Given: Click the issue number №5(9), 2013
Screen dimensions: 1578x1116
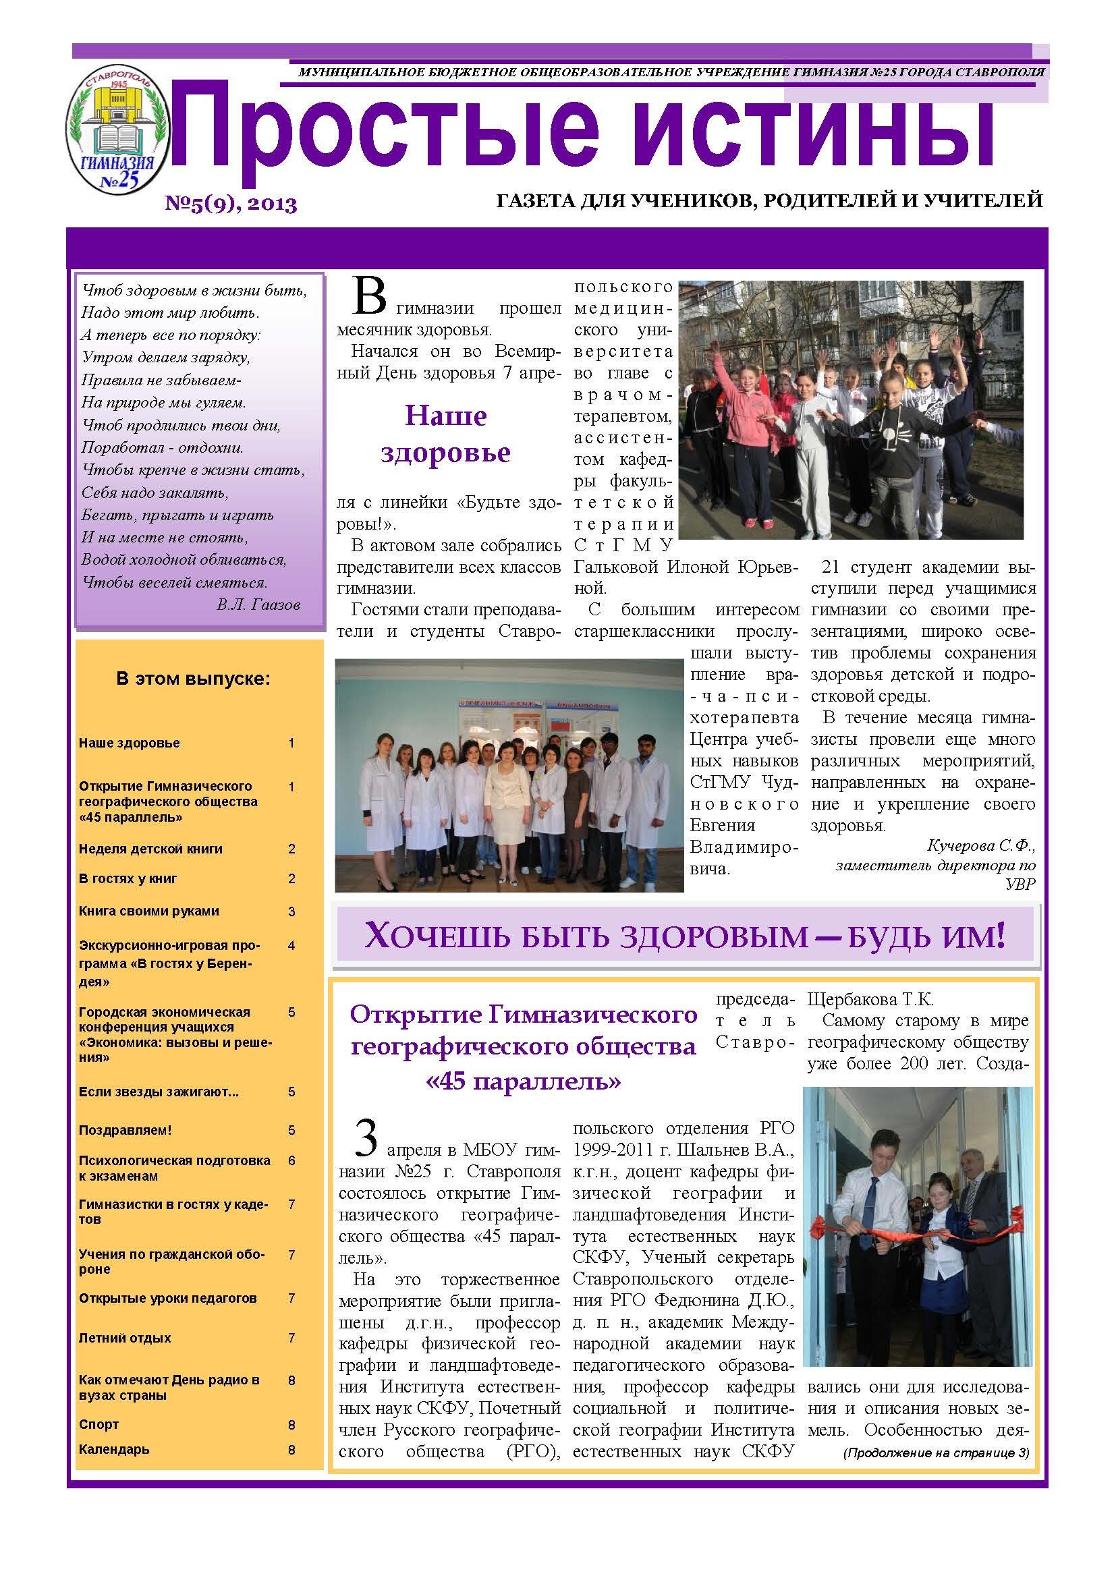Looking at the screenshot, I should pyautogui.click(x=230, y=204).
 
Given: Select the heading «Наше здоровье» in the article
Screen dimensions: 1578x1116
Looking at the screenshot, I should pyautogui.click(x=445, y=434).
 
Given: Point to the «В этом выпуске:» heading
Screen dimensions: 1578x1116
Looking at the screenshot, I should pyautogui.click(x=194, y=680).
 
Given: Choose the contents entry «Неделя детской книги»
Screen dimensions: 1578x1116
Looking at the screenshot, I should pyautogui.click(x=150, y=849).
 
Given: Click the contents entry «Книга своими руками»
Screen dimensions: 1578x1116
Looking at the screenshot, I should pyautogui.click(x=148, y=911).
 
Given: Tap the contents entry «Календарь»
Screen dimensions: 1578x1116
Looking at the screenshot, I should pyautogui.click(x=113, y=1449).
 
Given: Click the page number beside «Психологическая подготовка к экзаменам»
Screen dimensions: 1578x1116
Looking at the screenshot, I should pyautogui.click(x=291, y=1161).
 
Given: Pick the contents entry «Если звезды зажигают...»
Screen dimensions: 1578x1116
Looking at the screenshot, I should pyautogui.click(x=159, y=1092).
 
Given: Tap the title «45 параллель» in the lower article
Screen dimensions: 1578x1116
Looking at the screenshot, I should pyautogui.click(x=524, y=1082).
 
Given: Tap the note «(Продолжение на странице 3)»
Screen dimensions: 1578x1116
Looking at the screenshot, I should pyautogui.click(x=936, y=1453).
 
